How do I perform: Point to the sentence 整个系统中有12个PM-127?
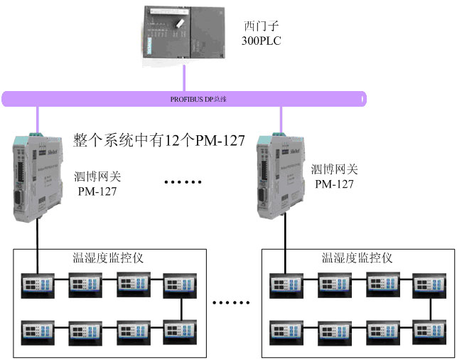pyautogui.click(x=159, y=141)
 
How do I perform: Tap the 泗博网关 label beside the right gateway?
pyautogui.click(x=334, y=171)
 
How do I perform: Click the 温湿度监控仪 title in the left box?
pyautogui.click(x=108, y=258)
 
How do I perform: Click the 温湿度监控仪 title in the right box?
pyautogui.click(x=357, y=258)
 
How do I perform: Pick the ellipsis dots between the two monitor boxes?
pyautogui.click(x=232, y=303)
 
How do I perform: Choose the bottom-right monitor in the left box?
pyautogui.click(x=176, y=330)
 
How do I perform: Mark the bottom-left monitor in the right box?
pyautogui.click(x=282, y=330)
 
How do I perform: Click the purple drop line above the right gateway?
pyautogui.click(x=280, y=118)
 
